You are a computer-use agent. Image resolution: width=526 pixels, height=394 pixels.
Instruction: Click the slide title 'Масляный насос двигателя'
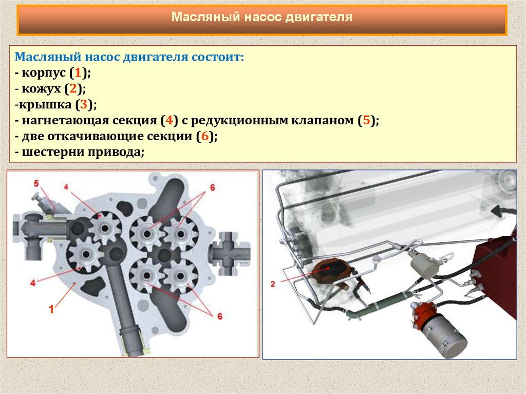(261, 17)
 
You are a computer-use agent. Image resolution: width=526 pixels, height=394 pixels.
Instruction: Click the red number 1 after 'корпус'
(78, 72)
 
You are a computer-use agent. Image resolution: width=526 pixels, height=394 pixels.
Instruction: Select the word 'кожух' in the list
(41, 89)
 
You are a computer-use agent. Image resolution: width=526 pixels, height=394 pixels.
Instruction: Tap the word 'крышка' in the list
(45, 105)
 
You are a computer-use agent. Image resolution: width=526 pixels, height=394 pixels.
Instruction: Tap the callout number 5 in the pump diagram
(36, 183)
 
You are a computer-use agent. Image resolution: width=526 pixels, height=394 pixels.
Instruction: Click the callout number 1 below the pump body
(51, 309)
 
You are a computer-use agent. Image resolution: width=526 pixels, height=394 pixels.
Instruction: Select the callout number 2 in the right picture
(273, 284)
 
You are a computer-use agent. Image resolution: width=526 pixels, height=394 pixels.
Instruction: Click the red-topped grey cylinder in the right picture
(438, 327)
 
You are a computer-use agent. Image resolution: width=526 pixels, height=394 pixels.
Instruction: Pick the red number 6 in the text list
(204, 136)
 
